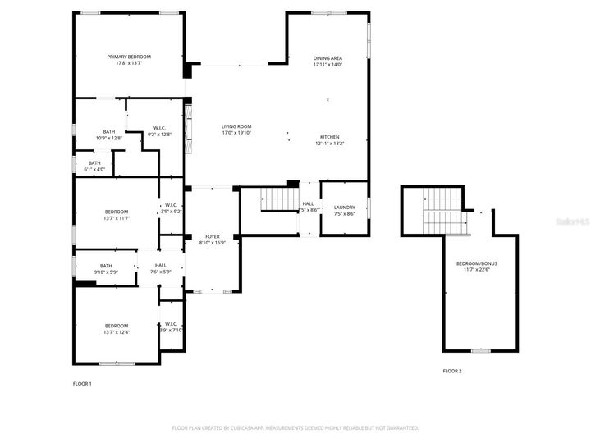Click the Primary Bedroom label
[x=129, y=57]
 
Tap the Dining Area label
[x=328, y=58]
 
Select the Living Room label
[x=236, y=126]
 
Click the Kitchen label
[x=329, y=137]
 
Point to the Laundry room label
[x=344, y=208]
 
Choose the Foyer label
[x=212, y=236]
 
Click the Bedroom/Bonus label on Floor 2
[x=477, y=263]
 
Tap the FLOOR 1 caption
[x=82, y=384]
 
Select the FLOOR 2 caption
[x=452, y=372]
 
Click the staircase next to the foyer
[x=277, y=199]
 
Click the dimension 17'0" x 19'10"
[x=236, y=133]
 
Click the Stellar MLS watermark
[x=571, y=221]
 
